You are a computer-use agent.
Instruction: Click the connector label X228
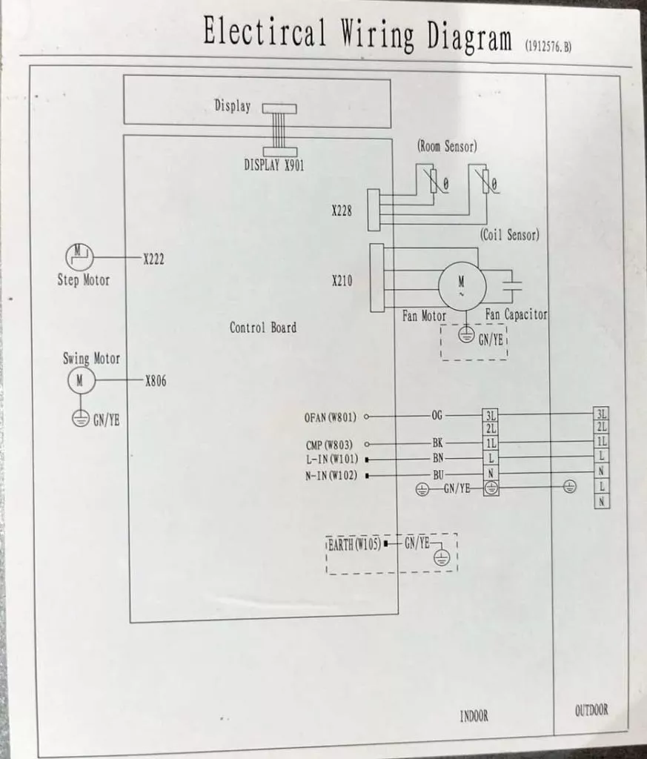pos(342,211)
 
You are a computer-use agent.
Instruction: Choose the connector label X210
pos(342,281)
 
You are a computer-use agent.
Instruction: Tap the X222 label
pos(153,259)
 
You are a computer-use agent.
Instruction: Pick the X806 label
pos(156,381)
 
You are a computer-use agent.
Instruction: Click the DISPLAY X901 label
pos(274,165)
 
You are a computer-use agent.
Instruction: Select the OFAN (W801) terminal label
pos(330,417)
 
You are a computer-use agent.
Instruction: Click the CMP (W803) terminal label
pos(329,445)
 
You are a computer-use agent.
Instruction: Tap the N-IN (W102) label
pos(331,476)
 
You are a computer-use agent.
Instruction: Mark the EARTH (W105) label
pos(354,545)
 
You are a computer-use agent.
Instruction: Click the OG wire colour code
pos(437,415)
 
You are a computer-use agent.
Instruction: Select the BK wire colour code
pos(437,443)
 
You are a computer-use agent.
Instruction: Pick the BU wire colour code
pos(438,475)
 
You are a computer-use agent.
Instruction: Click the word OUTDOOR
pos(591,710)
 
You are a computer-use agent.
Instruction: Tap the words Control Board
pos(263,328)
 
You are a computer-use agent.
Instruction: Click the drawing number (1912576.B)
pos(548,47)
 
